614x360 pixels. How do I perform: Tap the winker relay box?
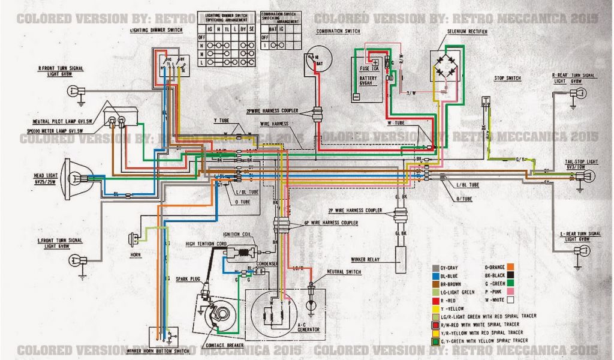(x=400, y=254)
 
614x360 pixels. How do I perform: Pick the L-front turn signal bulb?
(x=76, y=259)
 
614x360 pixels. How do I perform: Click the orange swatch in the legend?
(x=511, y=265)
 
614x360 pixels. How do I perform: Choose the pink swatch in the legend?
(x=511, y=290)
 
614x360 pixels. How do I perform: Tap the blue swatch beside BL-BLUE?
(x=435, y=274)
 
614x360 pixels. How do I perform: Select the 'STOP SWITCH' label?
(x=507, y=79)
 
